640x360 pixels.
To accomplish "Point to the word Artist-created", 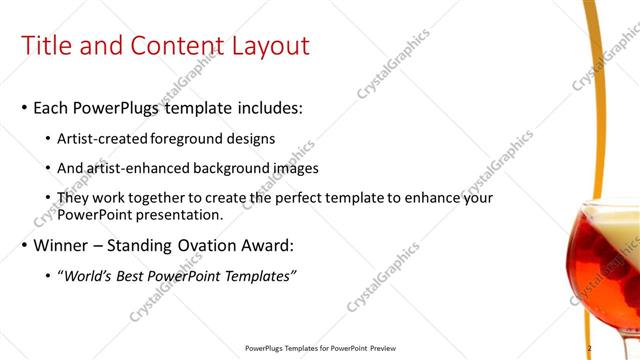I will point(106,138).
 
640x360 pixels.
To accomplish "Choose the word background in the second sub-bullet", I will point(232,168).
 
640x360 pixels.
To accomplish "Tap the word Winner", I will point(66,245).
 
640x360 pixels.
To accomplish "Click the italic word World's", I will point(90,276).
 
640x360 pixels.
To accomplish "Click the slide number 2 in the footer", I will point(589,348).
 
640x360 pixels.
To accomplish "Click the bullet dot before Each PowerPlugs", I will point(25,107).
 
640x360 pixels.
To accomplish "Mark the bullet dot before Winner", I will point(25,246).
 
